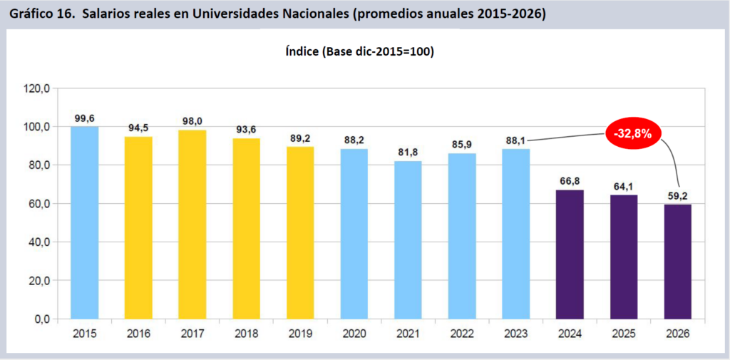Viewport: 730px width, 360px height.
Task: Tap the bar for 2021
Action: (x=408, y=240)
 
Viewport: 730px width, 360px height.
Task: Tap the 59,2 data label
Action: (x=678, y=195)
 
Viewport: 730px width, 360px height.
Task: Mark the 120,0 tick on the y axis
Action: (x=36, y=89)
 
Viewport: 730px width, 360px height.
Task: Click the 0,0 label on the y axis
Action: (x=41, y=319)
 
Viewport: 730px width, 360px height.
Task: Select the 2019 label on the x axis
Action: (x=300, y=332)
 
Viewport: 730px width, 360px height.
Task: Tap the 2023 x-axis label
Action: (x=516, y=332)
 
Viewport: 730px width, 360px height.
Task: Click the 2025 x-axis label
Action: (x=624, y=332)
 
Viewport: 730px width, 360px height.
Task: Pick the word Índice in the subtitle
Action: (x=303, y=52)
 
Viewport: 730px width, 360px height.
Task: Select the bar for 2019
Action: (x=300, y=232)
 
